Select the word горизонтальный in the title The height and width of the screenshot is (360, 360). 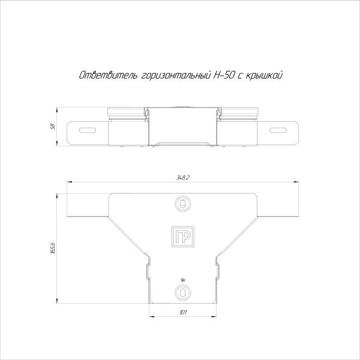coord(175,76)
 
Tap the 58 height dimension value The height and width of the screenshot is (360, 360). coord(53,127)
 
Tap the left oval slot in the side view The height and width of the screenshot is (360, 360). coord(88,130)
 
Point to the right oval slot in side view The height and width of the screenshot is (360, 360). coord(278,130)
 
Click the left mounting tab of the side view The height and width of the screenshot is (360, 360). coord(87,133)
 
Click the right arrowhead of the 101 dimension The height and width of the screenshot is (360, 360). coord(215,316)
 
